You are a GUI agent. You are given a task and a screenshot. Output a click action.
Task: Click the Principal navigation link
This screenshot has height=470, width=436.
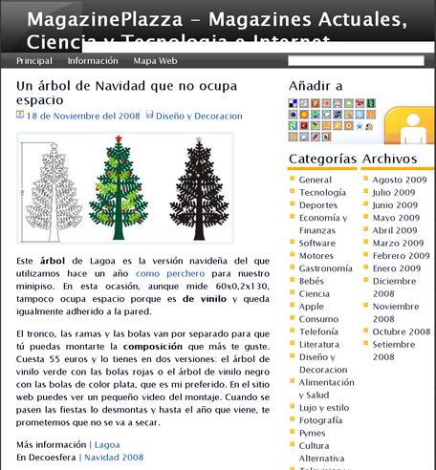click(33, 60)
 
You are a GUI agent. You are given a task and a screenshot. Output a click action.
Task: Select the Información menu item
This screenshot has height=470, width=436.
click(93, 60)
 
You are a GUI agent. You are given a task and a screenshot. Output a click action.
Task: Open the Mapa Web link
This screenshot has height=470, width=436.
click(156, 60)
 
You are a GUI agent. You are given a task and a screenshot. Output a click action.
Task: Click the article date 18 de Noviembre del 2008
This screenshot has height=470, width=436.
click(82, 117)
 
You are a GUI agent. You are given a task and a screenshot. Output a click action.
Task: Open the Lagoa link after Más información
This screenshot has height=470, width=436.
click(107, 444)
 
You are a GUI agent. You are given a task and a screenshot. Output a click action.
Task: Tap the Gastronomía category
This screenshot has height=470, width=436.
click(325, 268)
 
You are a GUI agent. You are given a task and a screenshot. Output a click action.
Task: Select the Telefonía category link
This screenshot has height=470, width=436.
click(318, 331)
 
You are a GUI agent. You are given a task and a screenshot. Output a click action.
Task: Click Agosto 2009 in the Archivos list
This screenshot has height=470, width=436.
click(400, 180)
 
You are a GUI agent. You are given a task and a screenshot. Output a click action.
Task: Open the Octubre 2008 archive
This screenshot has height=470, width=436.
click(402, 331)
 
